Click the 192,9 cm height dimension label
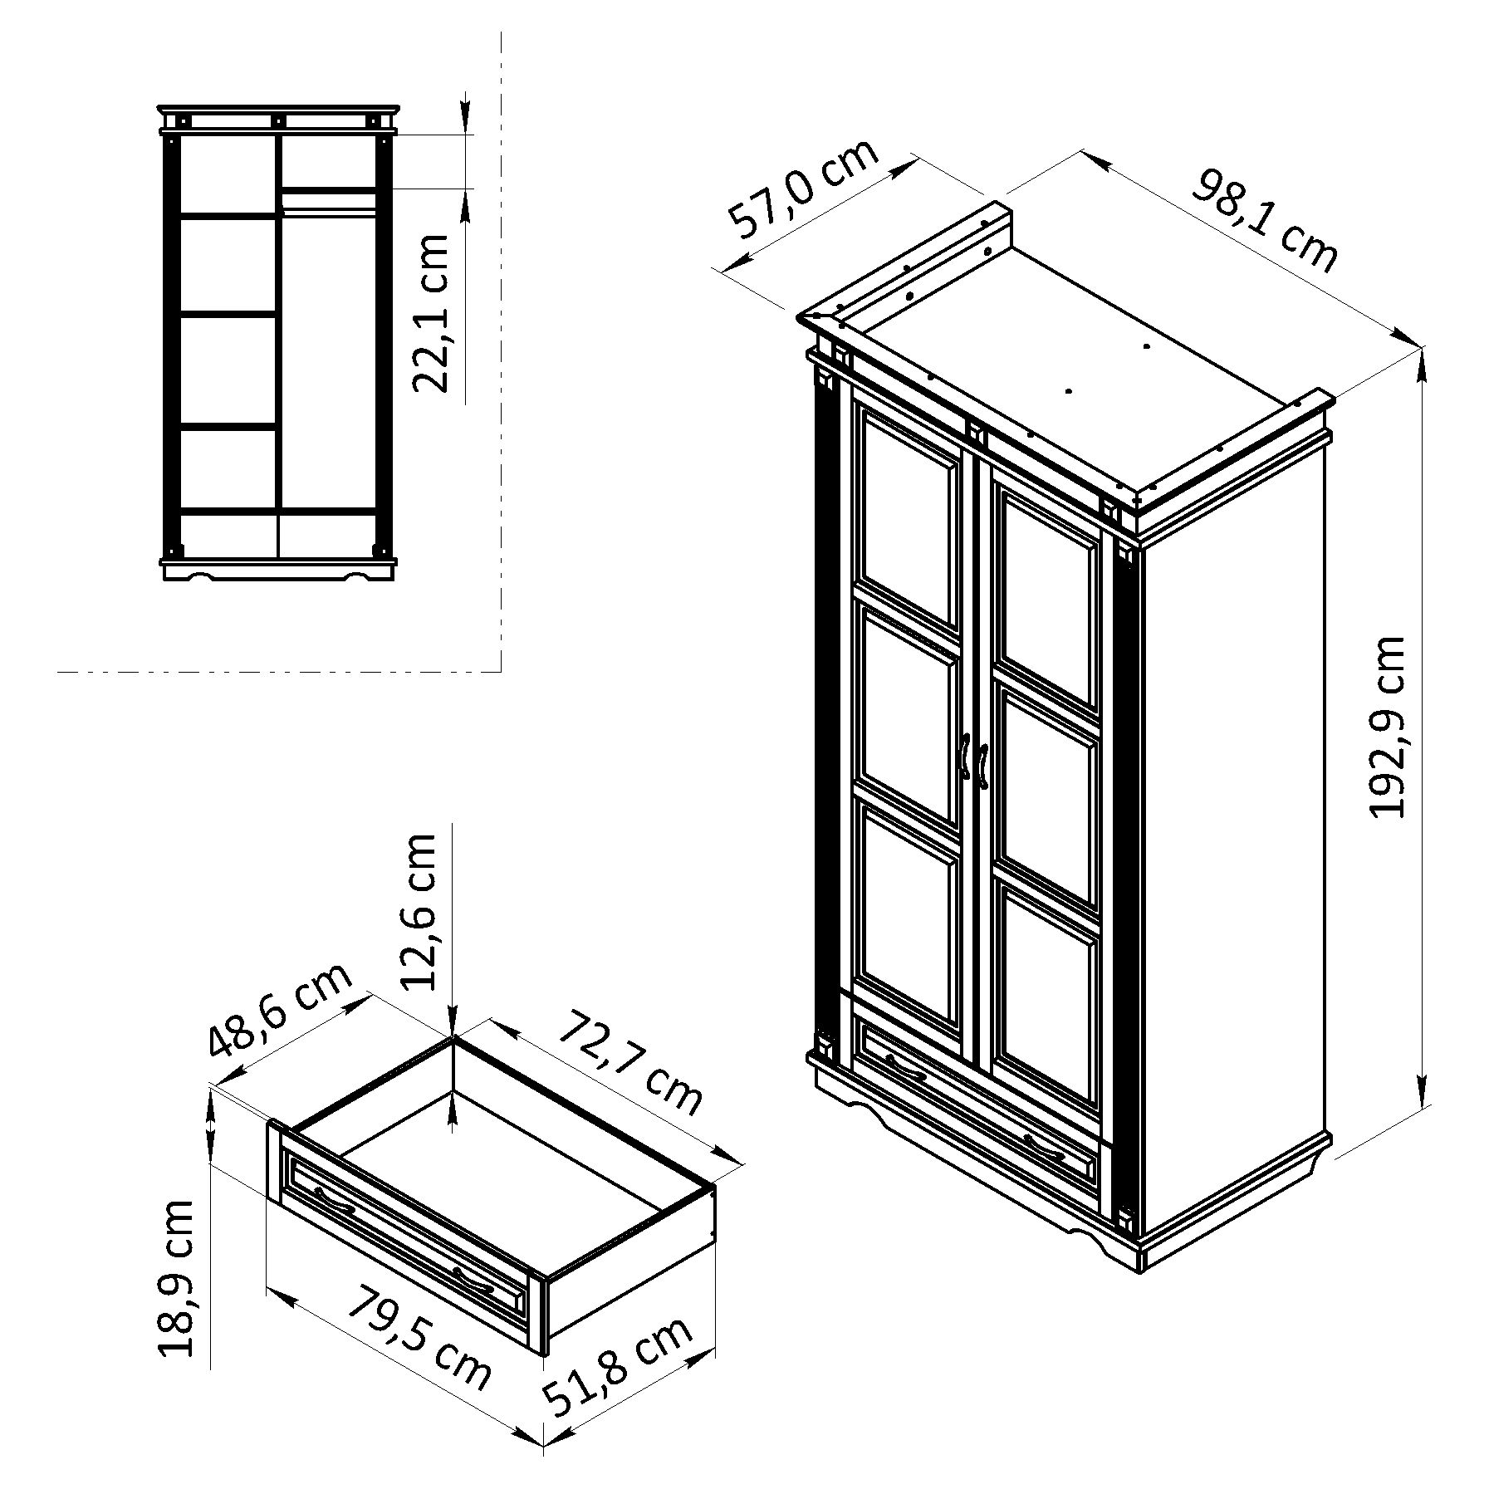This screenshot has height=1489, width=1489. coord(1386,727)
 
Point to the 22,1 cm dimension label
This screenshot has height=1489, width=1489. coord(431,313)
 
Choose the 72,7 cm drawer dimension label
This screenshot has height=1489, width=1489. coord(630,1060)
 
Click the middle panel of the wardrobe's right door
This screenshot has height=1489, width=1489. coord(1047,796)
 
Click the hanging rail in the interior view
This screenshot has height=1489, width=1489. coord(329,213)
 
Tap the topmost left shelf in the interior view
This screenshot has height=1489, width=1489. coord(228,216)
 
